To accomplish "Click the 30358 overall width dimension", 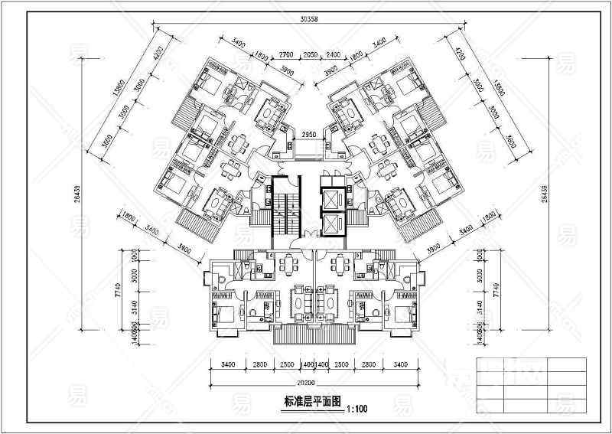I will point(309,19).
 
